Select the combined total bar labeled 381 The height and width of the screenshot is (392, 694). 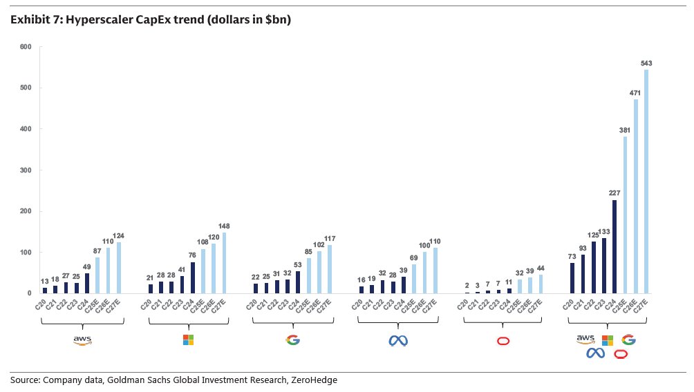(624, 215)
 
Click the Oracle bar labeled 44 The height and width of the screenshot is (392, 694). (541, 284)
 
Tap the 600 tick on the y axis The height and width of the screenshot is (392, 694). (26, 47)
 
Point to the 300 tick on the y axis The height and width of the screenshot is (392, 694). (26, 170)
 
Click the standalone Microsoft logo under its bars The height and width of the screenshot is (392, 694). (188, 340)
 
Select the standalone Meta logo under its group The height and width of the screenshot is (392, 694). (397, 340)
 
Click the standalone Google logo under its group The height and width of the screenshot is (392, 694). (293, 340)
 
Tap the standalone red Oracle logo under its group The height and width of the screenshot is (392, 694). (503, 340)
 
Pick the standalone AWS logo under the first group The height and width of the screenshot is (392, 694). (83, 340)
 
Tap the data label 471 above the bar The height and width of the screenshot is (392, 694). (635, 92)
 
